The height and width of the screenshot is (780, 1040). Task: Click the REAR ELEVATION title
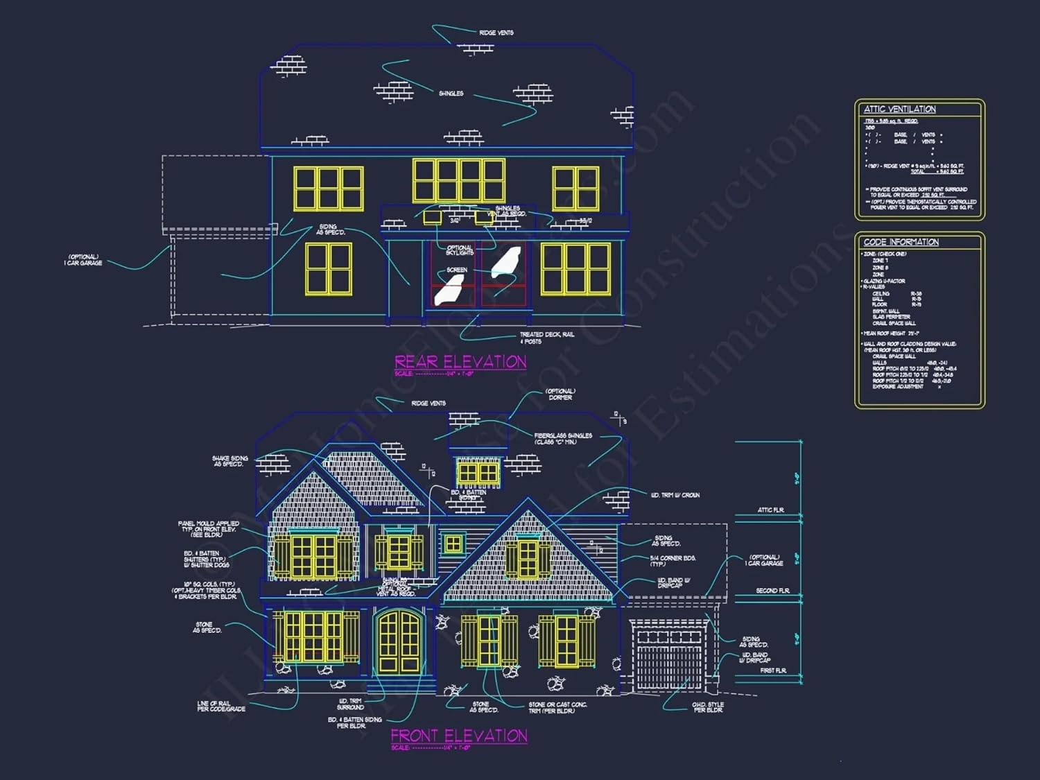click(x=460, y=361)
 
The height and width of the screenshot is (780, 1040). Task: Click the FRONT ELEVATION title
click(x=459, y=736)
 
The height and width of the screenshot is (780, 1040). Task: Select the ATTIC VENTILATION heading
click(x=899, y=110)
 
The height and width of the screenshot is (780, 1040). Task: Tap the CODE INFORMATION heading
click(x=901, y=242)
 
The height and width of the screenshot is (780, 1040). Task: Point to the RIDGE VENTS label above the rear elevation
click(x=496, y=33)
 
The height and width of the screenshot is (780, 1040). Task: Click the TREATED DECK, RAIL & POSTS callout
click(x=546, y=338)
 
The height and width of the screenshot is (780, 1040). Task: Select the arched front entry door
click(x=399, y=642)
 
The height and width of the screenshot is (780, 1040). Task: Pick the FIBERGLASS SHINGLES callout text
click(x=562, y=438)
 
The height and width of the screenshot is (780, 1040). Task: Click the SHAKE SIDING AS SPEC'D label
click(x=229, y=461)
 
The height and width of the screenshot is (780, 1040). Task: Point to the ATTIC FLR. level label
click(x=770, y=510)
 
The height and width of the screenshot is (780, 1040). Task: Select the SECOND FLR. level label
click(x=772, y=591)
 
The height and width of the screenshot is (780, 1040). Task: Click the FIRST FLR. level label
click(x=772, y=670)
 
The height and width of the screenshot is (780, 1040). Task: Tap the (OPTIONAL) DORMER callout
click(x=560, y=394)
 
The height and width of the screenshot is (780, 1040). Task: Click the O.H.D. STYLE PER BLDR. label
click(x=707, y=707)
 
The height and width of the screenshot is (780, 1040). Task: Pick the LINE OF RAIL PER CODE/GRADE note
click(x=220, y=706)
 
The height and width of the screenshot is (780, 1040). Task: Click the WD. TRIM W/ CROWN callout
click(x=675, y=495)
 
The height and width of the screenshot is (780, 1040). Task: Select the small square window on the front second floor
click(x=453, y=544)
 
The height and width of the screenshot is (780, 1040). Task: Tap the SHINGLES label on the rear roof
click(x=451, y=93)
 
